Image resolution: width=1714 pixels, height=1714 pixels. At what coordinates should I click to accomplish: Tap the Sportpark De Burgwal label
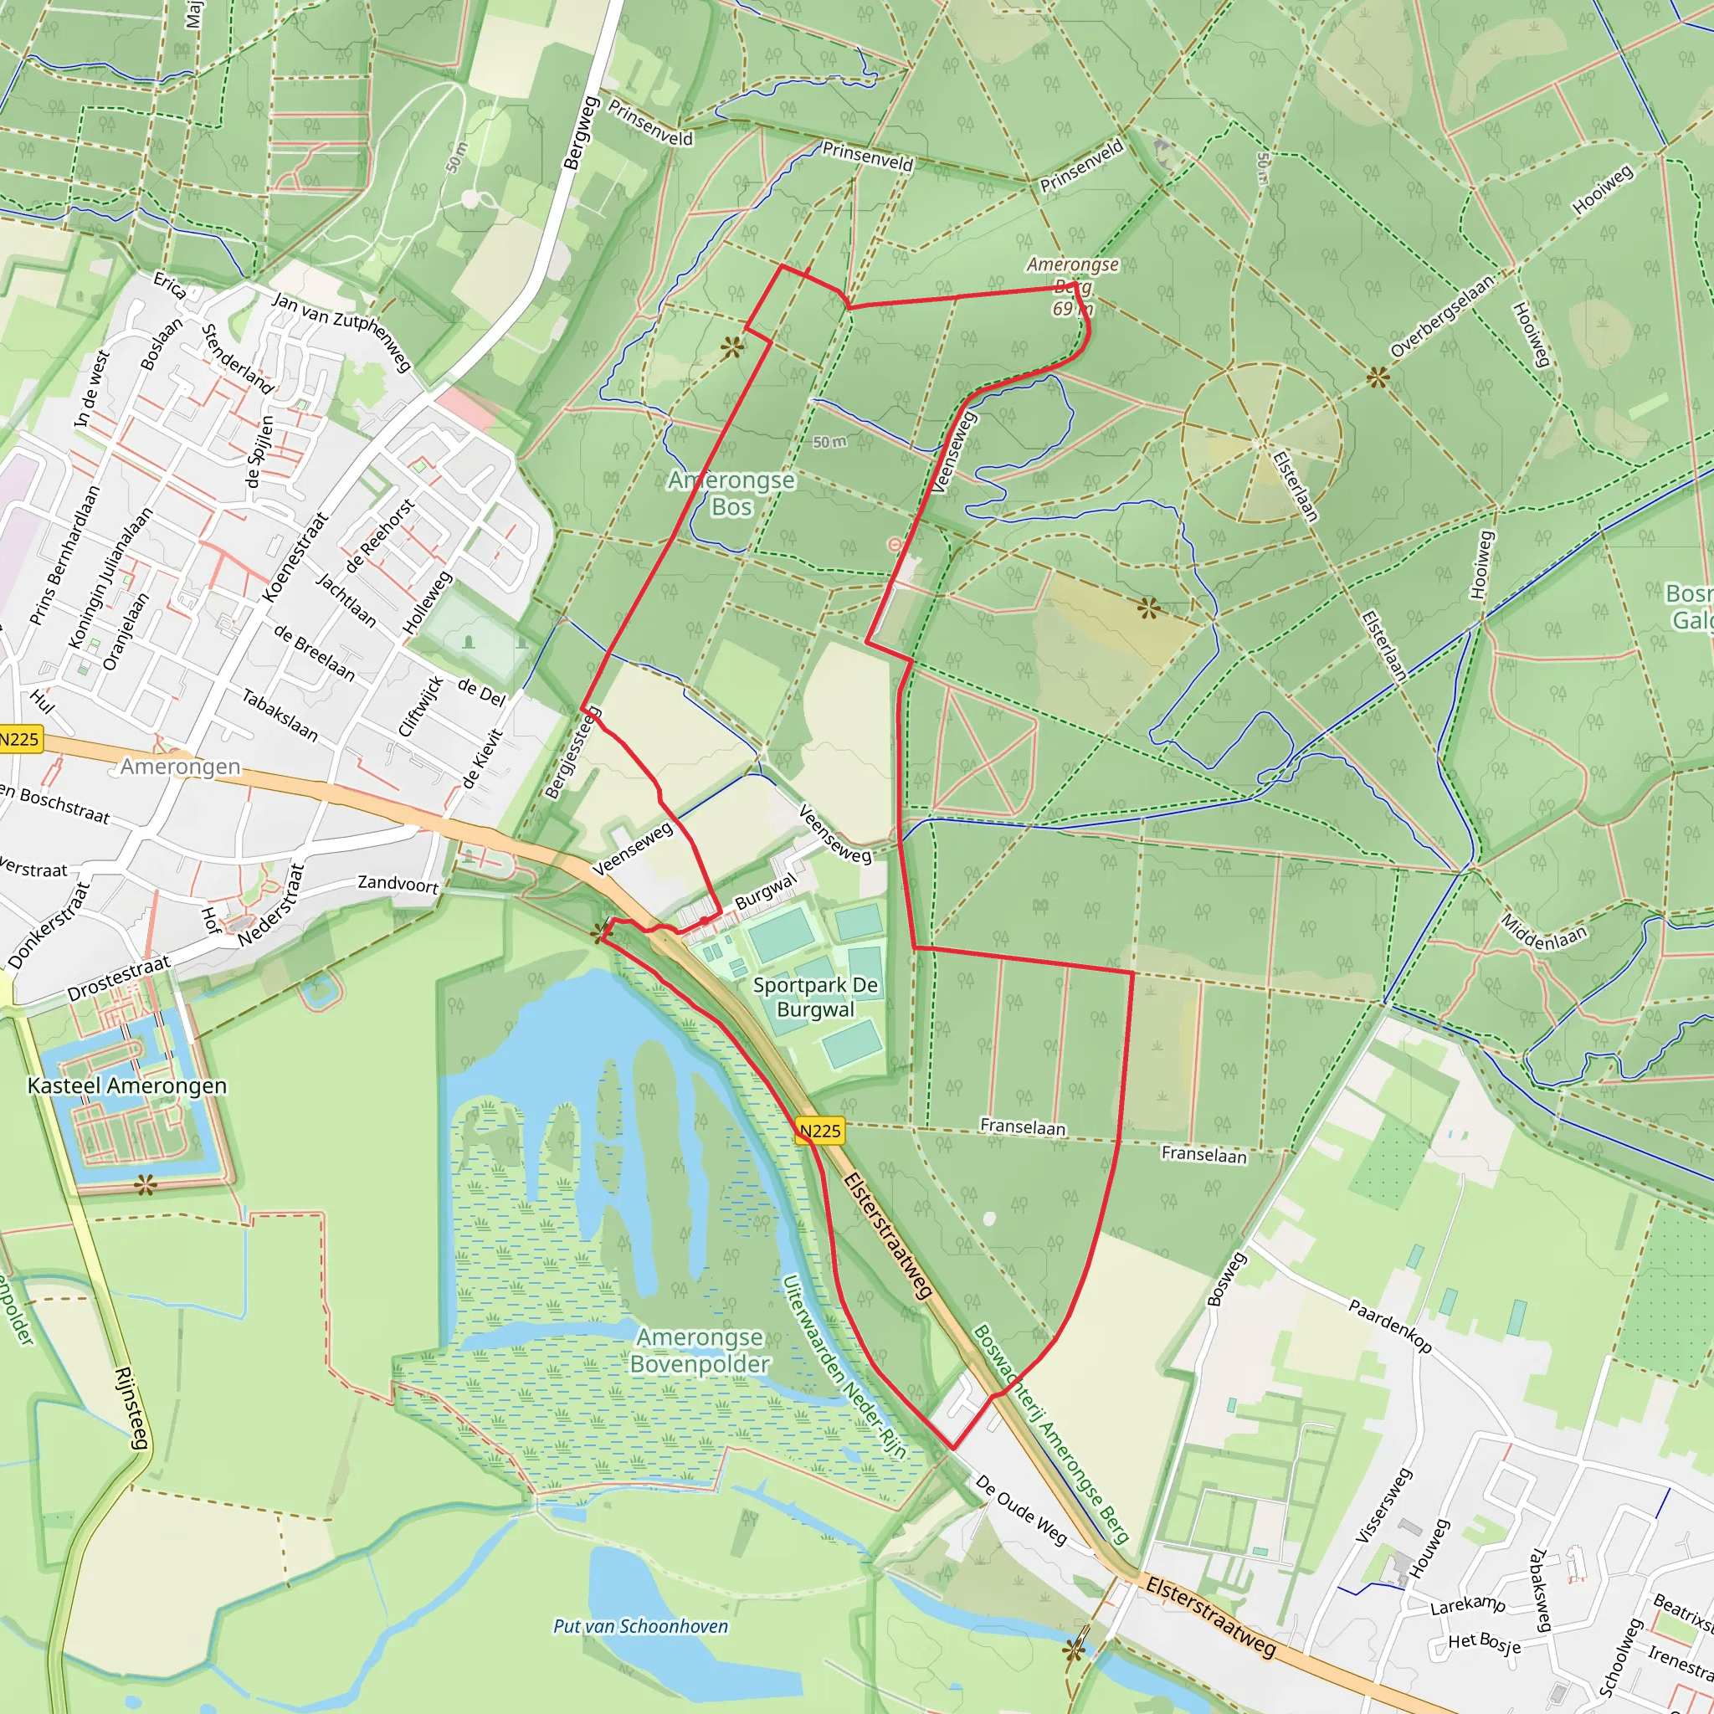tap(814, 996)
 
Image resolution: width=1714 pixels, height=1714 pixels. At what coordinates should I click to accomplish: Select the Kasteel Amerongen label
tap(127, 1085)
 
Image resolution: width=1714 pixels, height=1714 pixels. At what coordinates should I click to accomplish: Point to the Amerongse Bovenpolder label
tap(699, 1349)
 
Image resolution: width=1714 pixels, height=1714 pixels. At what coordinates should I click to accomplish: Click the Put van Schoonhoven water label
tap(639, 1625)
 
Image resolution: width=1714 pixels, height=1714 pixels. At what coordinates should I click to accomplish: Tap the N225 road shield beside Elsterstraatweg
tap(819, 1130)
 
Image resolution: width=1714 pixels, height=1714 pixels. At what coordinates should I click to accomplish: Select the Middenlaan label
tap(1543, 931)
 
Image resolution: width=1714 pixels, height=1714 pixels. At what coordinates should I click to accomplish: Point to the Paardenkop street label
tap(1389, 1326)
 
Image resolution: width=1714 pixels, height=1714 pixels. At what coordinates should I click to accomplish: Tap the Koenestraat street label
tap(295, 557)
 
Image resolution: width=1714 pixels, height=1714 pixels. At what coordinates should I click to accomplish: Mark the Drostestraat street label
tap(119, 978)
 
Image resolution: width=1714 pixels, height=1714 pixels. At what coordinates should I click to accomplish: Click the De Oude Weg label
tap(1021, 1509)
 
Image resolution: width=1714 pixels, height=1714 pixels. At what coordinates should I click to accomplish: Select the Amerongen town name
tap(180, 766)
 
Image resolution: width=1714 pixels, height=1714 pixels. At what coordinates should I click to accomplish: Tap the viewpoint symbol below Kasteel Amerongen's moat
tap(146, 1183)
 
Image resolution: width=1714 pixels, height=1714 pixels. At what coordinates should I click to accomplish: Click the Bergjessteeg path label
tap(572, 752)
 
